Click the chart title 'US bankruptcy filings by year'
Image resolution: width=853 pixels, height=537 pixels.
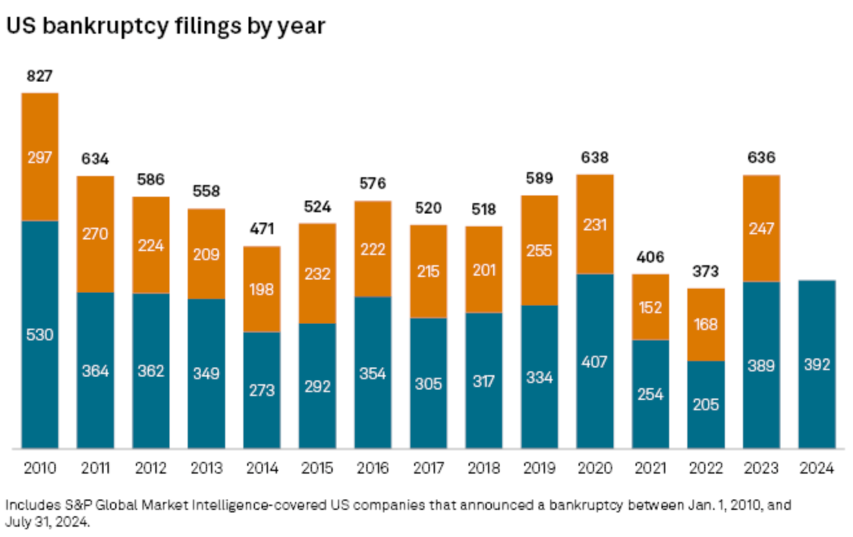click(165, 27)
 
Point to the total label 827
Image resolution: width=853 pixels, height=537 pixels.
click(40, 76)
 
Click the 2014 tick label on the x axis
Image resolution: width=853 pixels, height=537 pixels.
click(262, 468)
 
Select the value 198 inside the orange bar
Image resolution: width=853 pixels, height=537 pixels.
click(262, 289)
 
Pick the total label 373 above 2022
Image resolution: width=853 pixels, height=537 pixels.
click(706, 271)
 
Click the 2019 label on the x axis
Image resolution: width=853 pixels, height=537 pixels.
click(540, 468)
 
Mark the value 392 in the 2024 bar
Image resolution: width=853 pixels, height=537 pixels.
click(817, 365)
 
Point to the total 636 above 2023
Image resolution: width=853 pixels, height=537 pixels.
click(761, 158)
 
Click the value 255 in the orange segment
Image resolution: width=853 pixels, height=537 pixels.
click(540, 250)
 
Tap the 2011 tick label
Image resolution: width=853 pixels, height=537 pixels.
click(96, 468)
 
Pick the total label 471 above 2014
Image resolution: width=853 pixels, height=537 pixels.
click(262, 228)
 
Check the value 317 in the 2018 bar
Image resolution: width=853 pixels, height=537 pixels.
click(484, 380)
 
